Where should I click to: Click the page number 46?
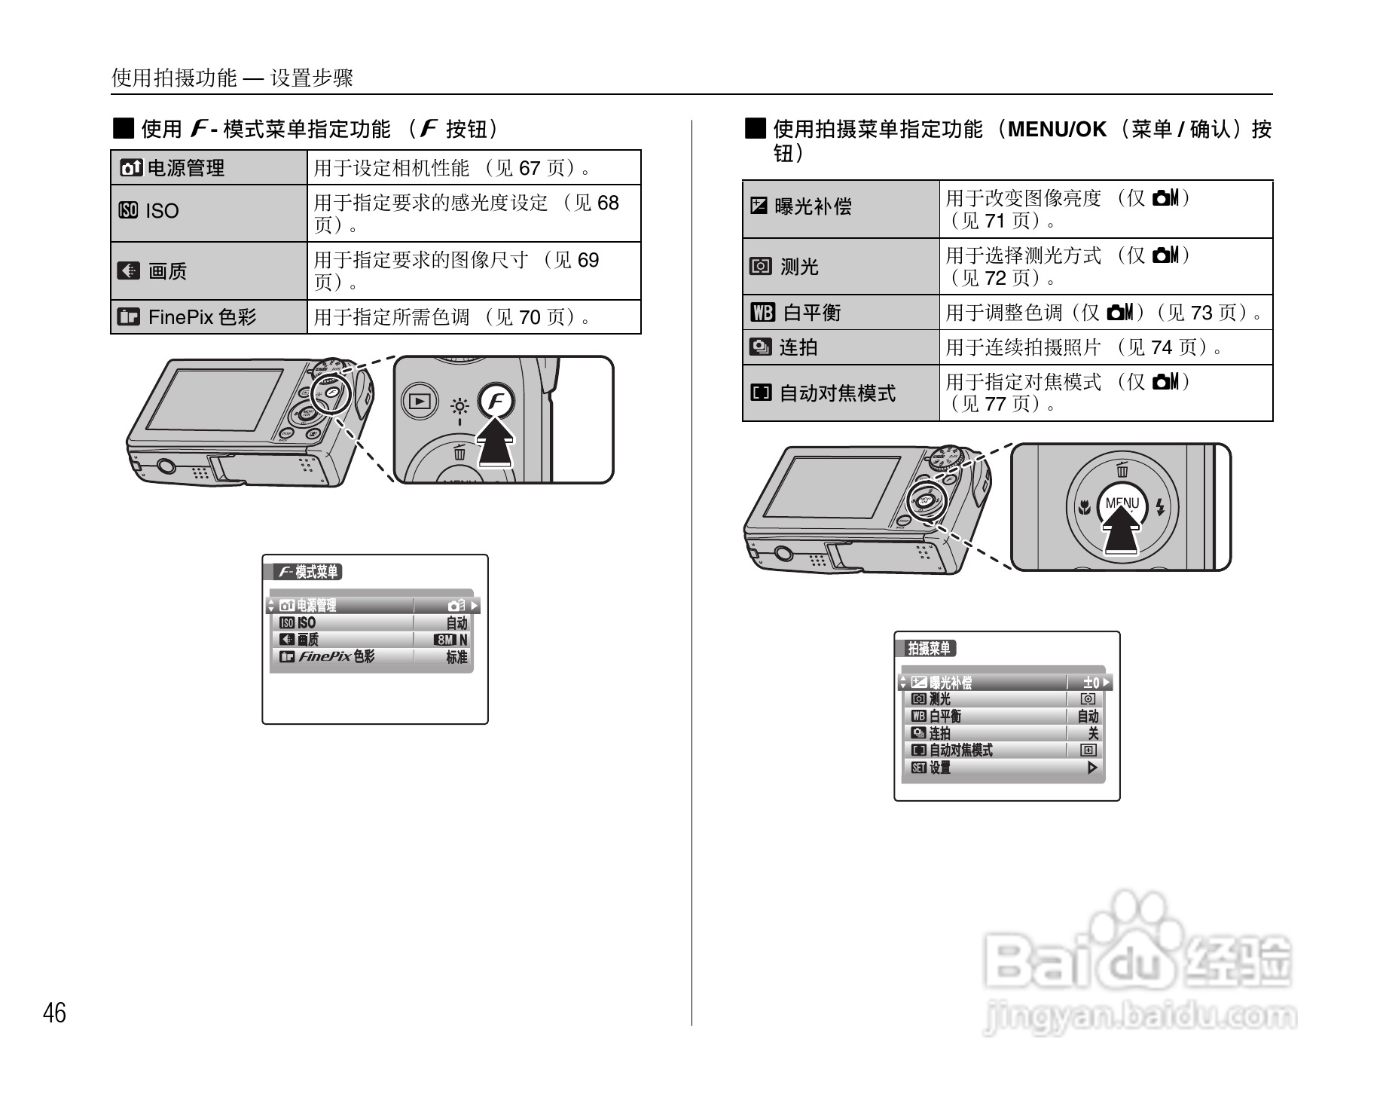coord(54,1013)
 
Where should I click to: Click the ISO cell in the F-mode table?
coord(209,212)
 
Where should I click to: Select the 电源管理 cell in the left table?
coord(209,167)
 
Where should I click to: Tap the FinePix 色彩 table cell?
coord(209,316)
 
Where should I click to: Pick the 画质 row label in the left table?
coord(209,270)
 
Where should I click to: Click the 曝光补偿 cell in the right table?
coord(840,207)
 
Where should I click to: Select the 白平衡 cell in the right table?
coord(840,312)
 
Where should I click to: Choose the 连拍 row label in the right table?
coord(840,347)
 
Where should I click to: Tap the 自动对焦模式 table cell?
coord(840,393)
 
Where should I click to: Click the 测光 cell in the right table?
coord(840,266)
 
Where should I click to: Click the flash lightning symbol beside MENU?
coord(1160,507)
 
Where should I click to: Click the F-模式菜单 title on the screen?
coord(309,572)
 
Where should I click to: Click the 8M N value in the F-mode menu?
coord(450,640)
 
